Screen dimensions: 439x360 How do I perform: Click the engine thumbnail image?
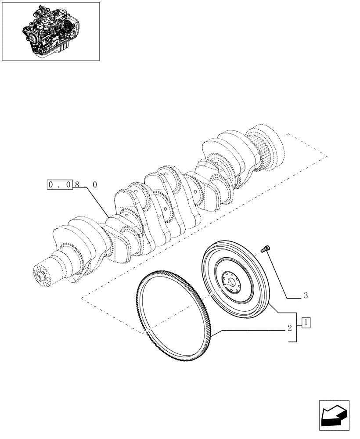50,31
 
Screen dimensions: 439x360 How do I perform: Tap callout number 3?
306,296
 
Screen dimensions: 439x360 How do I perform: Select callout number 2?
290,327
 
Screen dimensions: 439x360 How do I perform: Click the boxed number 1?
306,324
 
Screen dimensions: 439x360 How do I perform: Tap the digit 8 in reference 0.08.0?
77,185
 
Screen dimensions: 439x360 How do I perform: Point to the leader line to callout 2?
250,329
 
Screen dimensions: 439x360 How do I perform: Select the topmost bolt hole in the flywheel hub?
230,273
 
